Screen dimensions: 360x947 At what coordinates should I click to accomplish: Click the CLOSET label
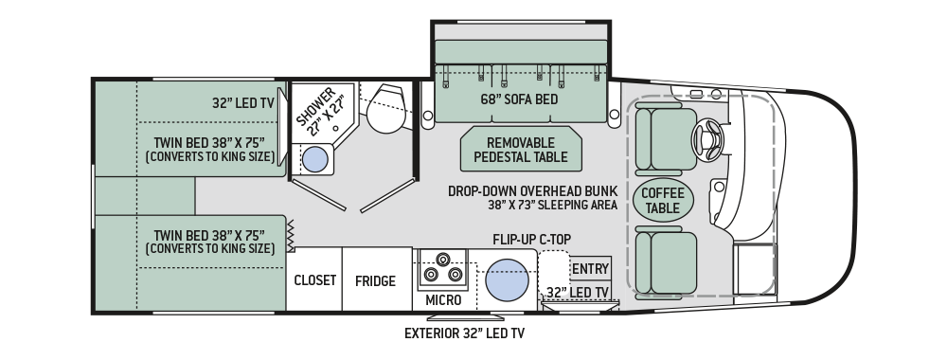pos(315,280)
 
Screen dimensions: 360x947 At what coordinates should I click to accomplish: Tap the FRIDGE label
pos(375,280)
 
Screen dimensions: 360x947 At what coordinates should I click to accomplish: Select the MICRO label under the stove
pos(442,299)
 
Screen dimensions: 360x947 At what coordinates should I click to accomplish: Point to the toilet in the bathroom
pos(384,109)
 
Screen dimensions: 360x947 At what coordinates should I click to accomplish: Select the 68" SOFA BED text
pos(519,100)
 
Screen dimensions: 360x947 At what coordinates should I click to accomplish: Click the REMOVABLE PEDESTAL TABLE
pos(521,148)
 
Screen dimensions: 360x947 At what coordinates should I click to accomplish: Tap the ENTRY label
pos(590,268)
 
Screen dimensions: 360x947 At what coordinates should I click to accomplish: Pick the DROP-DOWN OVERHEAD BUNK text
pos(533,190)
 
